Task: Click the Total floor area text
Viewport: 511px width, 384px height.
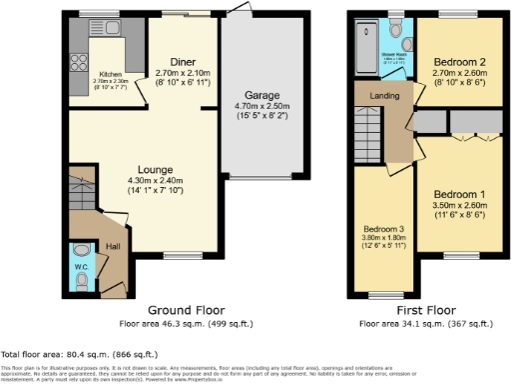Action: pyautogui.click(x=65, y=355)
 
